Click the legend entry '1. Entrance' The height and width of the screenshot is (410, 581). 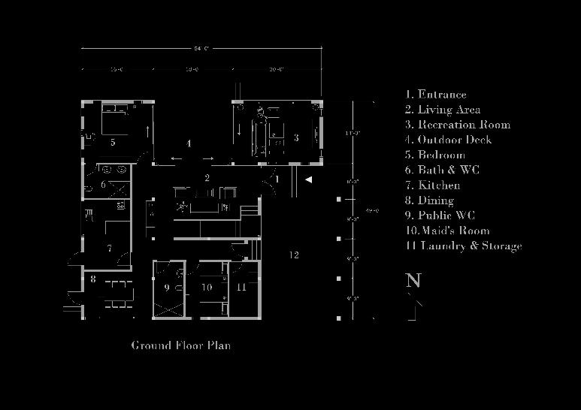436,95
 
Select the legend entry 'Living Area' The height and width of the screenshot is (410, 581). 443,110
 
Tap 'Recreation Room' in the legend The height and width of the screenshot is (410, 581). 457,125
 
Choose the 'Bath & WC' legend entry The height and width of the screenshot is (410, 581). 442,170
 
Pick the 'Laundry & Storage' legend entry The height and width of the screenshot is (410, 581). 463,246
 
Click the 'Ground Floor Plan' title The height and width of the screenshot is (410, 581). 181,345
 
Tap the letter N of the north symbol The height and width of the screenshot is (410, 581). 413,281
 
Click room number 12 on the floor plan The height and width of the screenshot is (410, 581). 294,255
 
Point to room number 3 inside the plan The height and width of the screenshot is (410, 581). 296,137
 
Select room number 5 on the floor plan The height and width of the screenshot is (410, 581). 113,141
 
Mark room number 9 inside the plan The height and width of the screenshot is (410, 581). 167,288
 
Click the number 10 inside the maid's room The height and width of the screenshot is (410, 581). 207,288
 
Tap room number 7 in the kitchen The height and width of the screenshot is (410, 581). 110,248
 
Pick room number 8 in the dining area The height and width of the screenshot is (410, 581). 93,279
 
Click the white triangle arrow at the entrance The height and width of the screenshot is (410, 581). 307,179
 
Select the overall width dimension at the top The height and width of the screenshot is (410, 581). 201,49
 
